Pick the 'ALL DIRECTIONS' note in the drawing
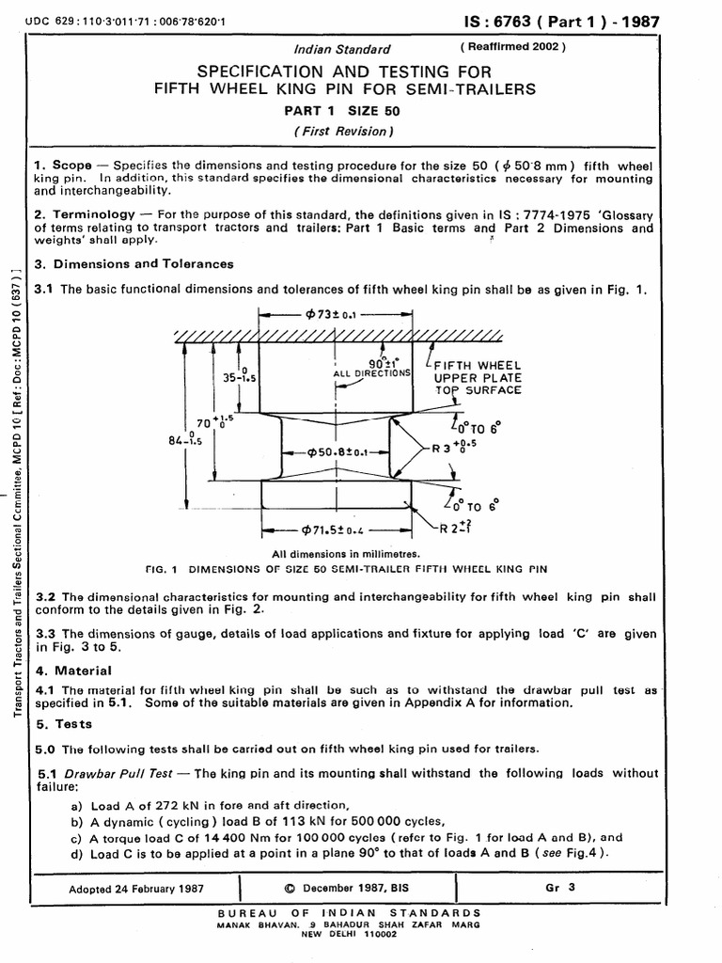click(x=373, y=373)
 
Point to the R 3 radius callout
click(x=453, y=448)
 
